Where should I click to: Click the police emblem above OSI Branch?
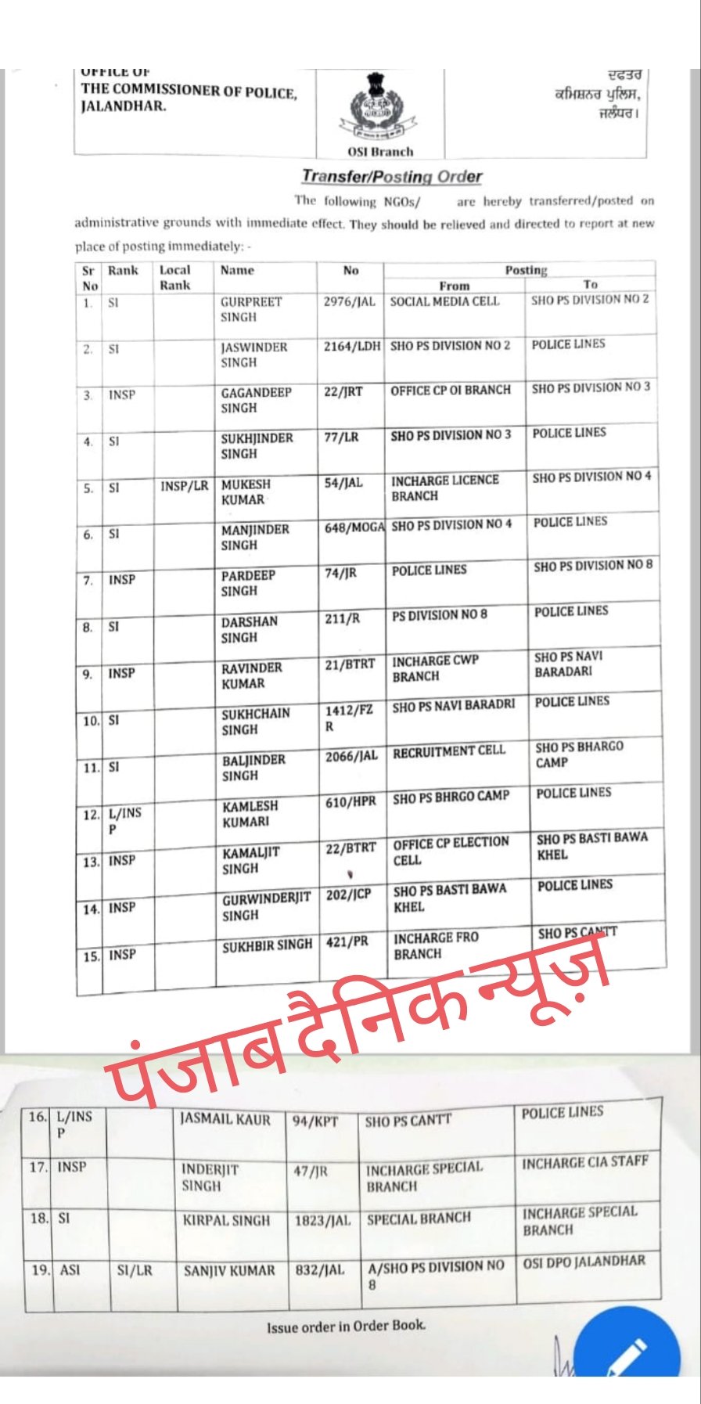[x=381, y=107]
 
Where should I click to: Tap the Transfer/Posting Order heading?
[x=392, y=177]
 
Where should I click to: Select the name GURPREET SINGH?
[x=250, y=309]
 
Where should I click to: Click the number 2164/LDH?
[x=351, y=346]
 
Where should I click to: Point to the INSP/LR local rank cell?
[x=185, y=486]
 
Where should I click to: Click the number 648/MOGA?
[x=354, y=528]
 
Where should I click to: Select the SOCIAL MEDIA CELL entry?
[x=444, y=301]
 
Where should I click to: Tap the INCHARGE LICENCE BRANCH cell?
[x=444, y=488]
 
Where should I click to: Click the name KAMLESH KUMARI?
[x=250, y=814]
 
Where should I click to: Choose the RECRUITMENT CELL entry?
[x=449, y=751]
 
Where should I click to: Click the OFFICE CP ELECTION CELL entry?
[x=451, y=851]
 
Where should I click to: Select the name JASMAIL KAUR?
[x=225, y=1119]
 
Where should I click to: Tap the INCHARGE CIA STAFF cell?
[x=585, y=1163]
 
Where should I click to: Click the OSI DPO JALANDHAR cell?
[x=584, y=1262]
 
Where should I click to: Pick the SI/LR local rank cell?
[x=135, y=1270]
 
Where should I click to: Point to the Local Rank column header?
[x=175, y=278]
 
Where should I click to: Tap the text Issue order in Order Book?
[x=346, y=1327]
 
